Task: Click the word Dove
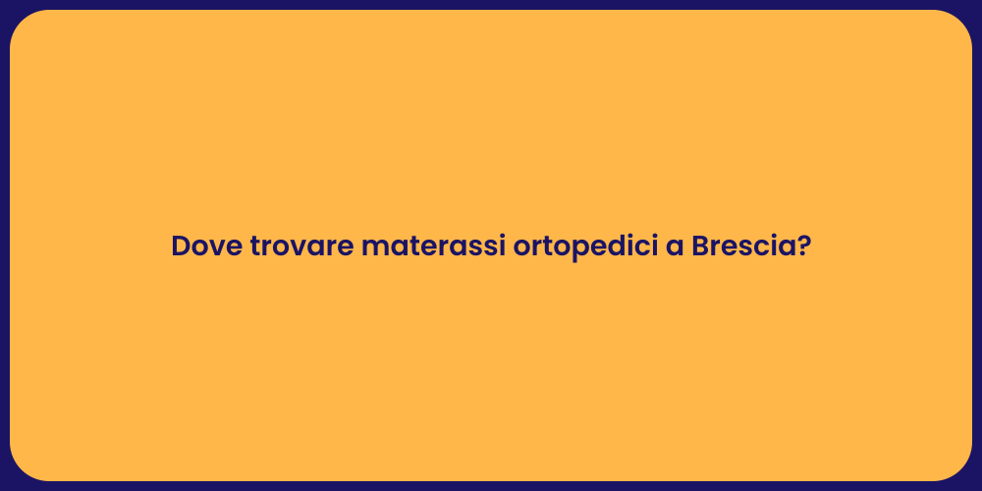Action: (206, 246)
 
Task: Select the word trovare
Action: (301, 246)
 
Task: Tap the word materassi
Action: (433, 246)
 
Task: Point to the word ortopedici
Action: (585, 247)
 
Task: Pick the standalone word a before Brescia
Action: (675, 249)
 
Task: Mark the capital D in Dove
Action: (181, 246)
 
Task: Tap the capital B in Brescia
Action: (700, 246)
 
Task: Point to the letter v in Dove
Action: (217, 249)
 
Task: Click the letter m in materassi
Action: (375, 249)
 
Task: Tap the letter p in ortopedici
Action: (568, 251)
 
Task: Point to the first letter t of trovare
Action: (255, 247)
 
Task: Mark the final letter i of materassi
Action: (502, 246)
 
